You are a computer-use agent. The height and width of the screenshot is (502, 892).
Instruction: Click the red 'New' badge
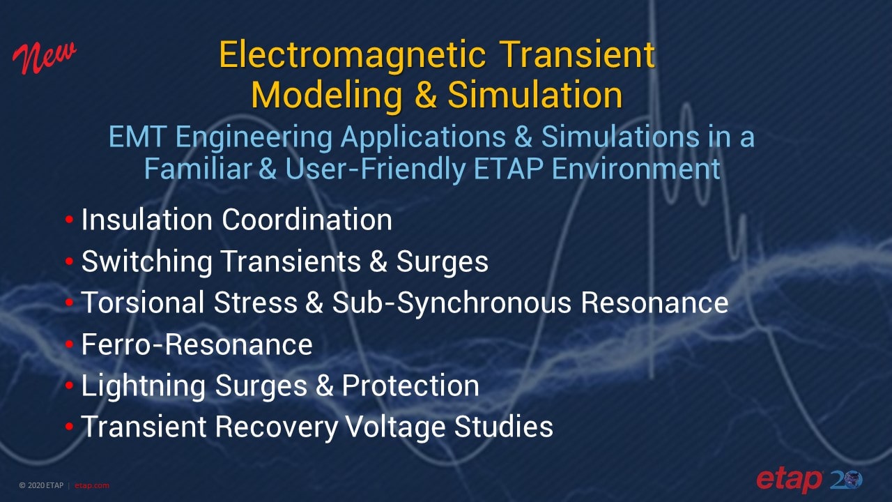44,59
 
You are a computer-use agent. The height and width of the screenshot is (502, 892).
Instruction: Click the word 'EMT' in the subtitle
137,137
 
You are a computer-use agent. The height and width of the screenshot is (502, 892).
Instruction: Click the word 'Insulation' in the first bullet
147,220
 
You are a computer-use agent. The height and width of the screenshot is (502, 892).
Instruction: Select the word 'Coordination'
307,220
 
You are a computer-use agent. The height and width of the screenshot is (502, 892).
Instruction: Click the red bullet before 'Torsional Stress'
69,303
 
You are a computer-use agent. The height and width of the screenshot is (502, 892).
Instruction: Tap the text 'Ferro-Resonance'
197,344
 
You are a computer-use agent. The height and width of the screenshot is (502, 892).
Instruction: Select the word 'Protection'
410,386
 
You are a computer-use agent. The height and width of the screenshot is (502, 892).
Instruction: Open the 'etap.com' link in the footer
92,486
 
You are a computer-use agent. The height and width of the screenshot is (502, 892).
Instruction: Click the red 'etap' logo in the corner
789,480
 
